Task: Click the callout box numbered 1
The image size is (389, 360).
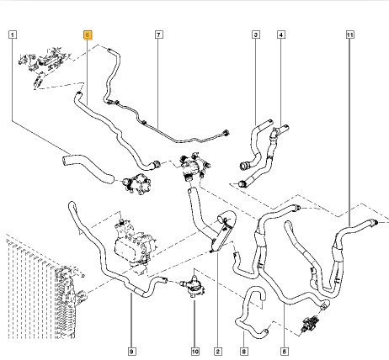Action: [x=13, y=34]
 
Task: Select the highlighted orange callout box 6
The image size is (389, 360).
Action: [x=88, y=34]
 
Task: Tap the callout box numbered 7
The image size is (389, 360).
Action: [x=159, y=34]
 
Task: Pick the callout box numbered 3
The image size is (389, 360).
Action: [x=256, y=34]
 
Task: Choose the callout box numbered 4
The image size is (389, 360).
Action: [x=281, y=34]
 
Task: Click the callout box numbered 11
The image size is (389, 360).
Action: [x=349, y=34]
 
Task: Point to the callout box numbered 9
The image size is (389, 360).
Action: [x=131, y=352]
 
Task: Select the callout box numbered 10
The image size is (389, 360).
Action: [x=195, y=352]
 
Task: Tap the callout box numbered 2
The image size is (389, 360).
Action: [x=218, y=352]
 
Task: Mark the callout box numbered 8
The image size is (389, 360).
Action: [x=243, y=352]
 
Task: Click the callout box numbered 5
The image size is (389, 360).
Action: [x=284, y=352]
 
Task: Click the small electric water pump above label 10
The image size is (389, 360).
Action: [x=194, y=285]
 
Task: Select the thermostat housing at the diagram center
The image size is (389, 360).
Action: [x=194, y=167]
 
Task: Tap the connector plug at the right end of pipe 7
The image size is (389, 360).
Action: [x=226, y=133]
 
